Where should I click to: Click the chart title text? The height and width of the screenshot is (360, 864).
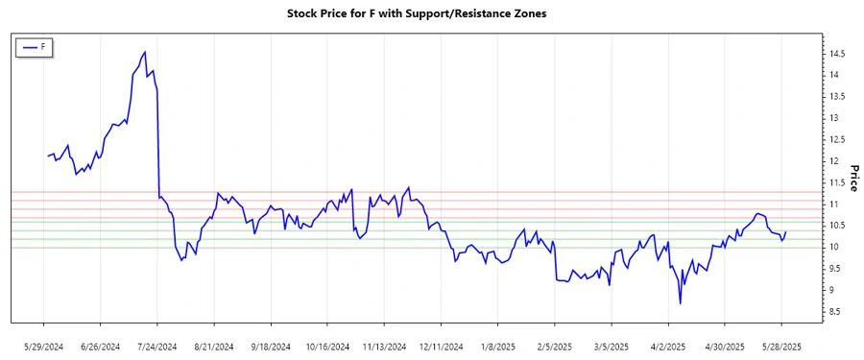pos(431,14)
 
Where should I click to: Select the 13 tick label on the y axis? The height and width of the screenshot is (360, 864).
pos(834,118)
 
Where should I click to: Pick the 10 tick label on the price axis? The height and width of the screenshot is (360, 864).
pos(834,247)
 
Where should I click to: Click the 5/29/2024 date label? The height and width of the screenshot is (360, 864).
pos(43,346)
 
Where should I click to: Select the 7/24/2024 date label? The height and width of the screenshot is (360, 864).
pos(157,346)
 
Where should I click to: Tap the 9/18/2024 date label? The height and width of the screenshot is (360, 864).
pos(271,346)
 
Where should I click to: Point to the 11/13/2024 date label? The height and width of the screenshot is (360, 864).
pos(385,346)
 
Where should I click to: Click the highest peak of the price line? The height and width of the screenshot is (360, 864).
pos(145,52)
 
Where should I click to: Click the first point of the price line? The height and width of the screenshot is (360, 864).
pos(47,156)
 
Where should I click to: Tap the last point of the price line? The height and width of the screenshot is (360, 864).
pos(786,231)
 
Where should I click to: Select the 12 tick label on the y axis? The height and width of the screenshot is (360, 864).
pos(834,161)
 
